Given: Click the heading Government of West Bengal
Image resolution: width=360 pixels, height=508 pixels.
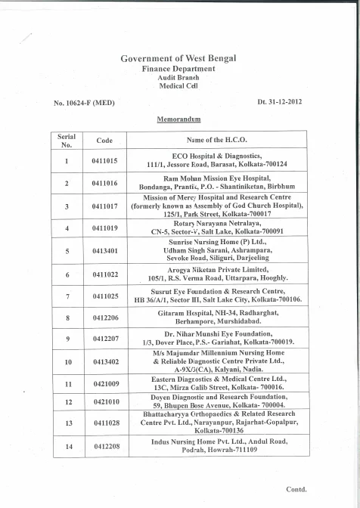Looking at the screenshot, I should (x=178, y=59).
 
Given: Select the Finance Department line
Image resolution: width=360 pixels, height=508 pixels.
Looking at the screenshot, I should (x=178, y=69).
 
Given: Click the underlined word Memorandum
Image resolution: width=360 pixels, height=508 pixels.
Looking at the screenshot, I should (x=178, y=119).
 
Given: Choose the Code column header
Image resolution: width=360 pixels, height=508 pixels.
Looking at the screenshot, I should (x=104, y=140).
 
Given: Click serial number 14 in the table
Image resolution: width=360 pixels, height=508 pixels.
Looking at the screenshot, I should (x=67, y=447).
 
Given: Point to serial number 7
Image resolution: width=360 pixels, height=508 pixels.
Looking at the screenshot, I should (x=67, y=296).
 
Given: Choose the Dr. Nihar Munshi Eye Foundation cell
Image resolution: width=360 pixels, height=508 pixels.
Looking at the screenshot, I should (x=218, y=337).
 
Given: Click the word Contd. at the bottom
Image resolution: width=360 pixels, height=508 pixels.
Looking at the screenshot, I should (x=296, y=489).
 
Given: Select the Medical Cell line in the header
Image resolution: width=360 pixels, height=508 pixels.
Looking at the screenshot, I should (x=178, y=85).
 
